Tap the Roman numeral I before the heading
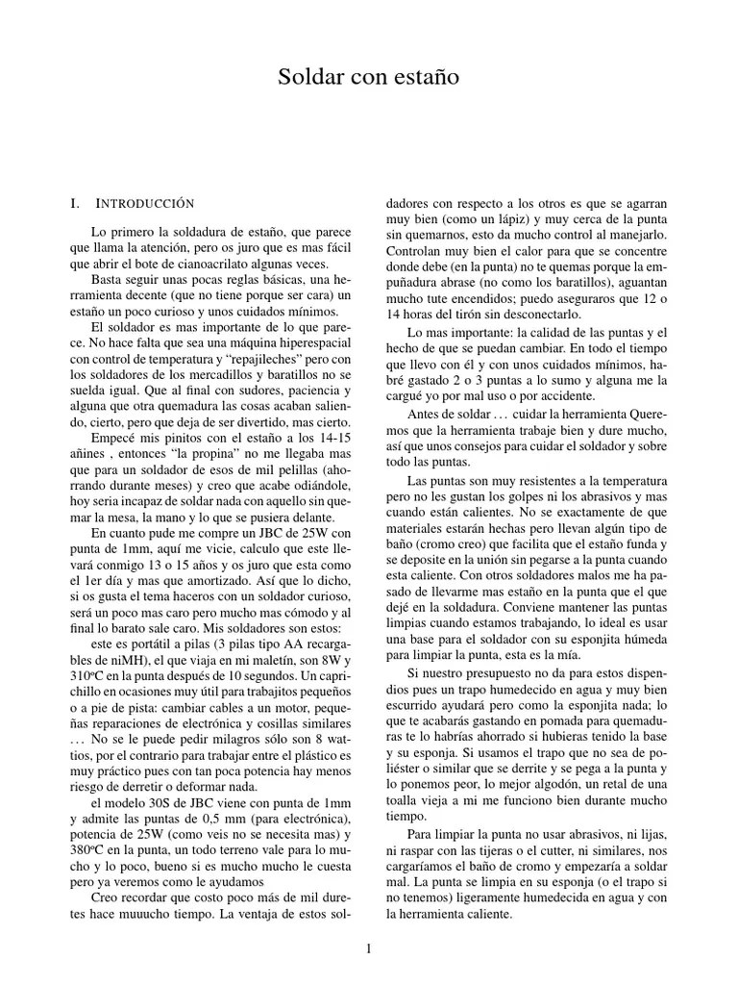[x=74, y=204]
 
